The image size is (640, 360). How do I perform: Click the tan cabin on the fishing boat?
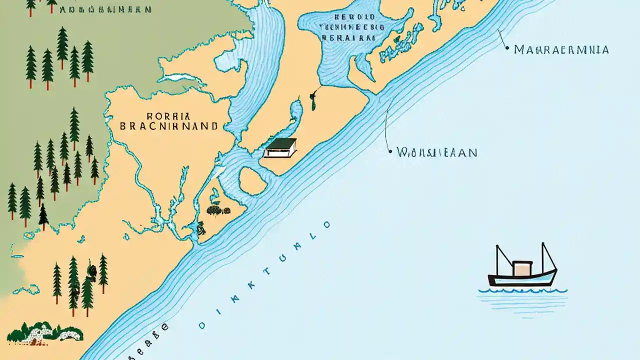click(522, 268)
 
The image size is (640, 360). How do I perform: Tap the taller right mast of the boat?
click(548, 257)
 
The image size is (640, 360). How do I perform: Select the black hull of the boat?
click(520, 281)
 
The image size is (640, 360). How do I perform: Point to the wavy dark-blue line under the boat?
click(523, 290)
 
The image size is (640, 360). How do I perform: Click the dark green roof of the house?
click(282, 143)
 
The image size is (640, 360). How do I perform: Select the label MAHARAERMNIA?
click(561, 50)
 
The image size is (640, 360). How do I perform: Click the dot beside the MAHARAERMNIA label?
click(507, 49)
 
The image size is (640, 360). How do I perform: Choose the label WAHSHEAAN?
click(436, 152)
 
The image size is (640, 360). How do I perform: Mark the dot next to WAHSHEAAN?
click(390, 151)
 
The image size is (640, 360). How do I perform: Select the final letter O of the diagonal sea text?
click(327, 224)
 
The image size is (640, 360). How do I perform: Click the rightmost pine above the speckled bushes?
click(103, 272)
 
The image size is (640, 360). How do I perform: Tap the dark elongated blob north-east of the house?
click(314, 103)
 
